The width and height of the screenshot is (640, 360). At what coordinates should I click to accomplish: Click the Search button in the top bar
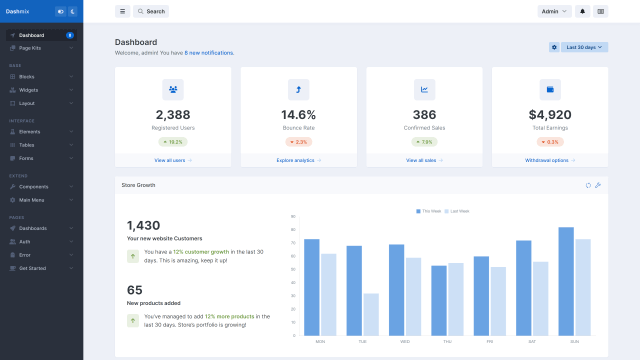tap(151, 11)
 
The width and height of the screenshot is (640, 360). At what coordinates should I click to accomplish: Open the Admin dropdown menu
tap(553, 11)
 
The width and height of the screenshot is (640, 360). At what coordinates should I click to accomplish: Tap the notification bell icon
tap(583, 11)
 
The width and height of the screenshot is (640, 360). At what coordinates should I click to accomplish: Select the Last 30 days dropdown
tap(585, 47)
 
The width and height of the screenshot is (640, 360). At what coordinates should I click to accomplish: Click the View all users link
tap(173, 160)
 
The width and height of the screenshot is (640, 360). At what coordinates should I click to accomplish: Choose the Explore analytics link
tap(298, 160)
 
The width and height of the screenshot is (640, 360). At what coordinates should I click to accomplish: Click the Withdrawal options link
tap(549, 160)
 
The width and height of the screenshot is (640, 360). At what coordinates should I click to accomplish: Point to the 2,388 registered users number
tap(173, 114)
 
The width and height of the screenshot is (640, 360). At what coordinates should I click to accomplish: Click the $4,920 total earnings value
tap(549, 114)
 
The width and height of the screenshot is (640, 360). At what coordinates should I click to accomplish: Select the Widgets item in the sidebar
tap(29, 90)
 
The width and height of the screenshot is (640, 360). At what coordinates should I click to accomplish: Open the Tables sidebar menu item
tap(26, 145)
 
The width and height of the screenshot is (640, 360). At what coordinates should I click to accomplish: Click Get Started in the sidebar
tap(32, 268)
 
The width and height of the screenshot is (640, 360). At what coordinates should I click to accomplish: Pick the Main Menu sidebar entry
tap(32, 200)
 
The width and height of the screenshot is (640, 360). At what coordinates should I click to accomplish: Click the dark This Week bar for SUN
tap(566, 281)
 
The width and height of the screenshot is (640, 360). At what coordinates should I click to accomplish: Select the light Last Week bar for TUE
tap(371, 314)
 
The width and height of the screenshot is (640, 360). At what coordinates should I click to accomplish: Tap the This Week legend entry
tap(428, 211)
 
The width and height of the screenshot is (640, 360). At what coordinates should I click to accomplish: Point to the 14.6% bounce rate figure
tap(298, 114)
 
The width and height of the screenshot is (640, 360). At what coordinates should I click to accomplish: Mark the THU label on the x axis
tap(447, 342)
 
